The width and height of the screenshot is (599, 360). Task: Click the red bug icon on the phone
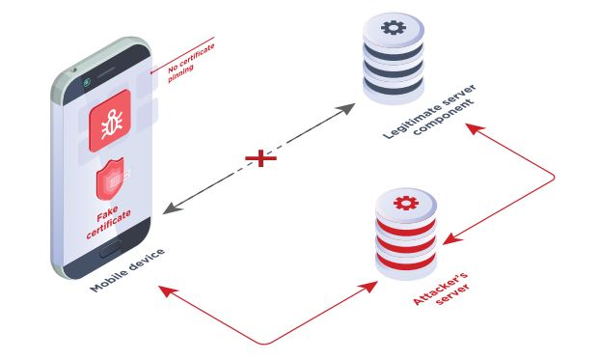point(110,121)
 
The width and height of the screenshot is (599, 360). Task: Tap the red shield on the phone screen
point(110,180)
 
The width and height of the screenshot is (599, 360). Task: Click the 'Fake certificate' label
point(108,222)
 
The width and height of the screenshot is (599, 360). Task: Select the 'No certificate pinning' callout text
point(190,63)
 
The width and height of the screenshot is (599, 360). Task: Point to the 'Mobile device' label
point(127,270)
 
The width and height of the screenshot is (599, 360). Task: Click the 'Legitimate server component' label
point(430,111)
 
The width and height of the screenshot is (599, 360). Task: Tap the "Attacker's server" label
point(442,289)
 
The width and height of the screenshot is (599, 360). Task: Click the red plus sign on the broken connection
point(260,158)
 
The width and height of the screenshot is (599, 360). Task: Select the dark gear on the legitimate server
point(394,28)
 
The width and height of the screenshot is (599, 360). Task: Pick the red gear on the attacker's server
point(406,203)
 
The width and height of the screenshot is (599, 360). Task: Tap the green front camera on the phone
point(87,82)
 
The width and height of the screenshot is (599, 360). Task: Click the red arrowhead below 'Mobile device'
point(168,291)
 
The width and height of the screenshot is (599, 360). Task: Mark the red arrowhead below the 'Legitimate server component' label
point(475,128)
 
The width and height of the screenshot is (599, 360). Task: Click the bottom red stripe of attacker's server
point(406,262)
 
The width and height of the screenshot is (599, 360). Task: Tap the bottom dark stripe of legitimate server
point(394,86)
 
